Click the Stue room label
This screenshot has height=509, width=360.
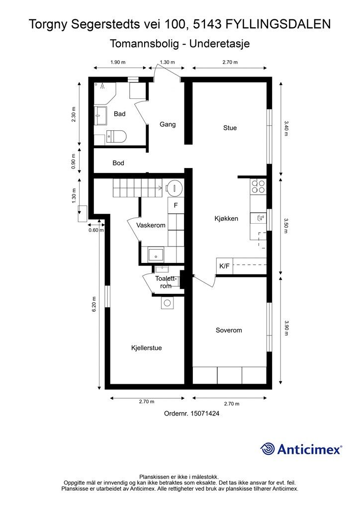230,128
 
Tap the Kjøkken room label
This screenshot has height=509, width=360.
226,219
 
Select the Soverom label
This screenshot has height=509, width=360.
229,330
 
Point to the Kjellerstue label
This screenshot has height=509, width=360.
146,348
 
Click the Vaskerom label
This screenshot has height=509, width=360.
151,225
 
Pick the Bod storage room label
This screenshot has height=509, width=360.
118,163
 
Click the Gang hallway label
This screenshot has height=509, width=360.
168,124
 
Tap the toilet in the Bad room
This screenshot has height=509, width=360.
116,136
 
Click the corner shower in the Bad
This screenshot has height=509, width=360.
105,92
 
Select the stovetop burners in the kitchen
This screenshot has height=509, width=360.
258,186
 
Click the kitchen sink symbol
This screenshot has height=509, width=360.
259,218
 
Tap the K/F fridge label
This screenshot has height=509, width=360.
224,266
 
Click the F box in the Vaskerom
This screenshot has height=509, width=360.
176,205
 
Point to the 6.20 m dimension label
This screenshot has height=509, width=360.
94,305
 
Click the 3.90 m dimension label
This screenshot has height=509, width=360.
286,328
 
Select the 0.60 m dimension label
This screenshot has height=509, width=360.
96,230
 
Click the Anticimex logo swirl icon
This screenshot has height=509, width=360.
268,449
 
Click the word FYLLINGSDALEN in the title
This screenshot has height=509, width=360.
278,24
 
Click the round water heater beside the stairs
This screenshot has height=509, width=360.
175,187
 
